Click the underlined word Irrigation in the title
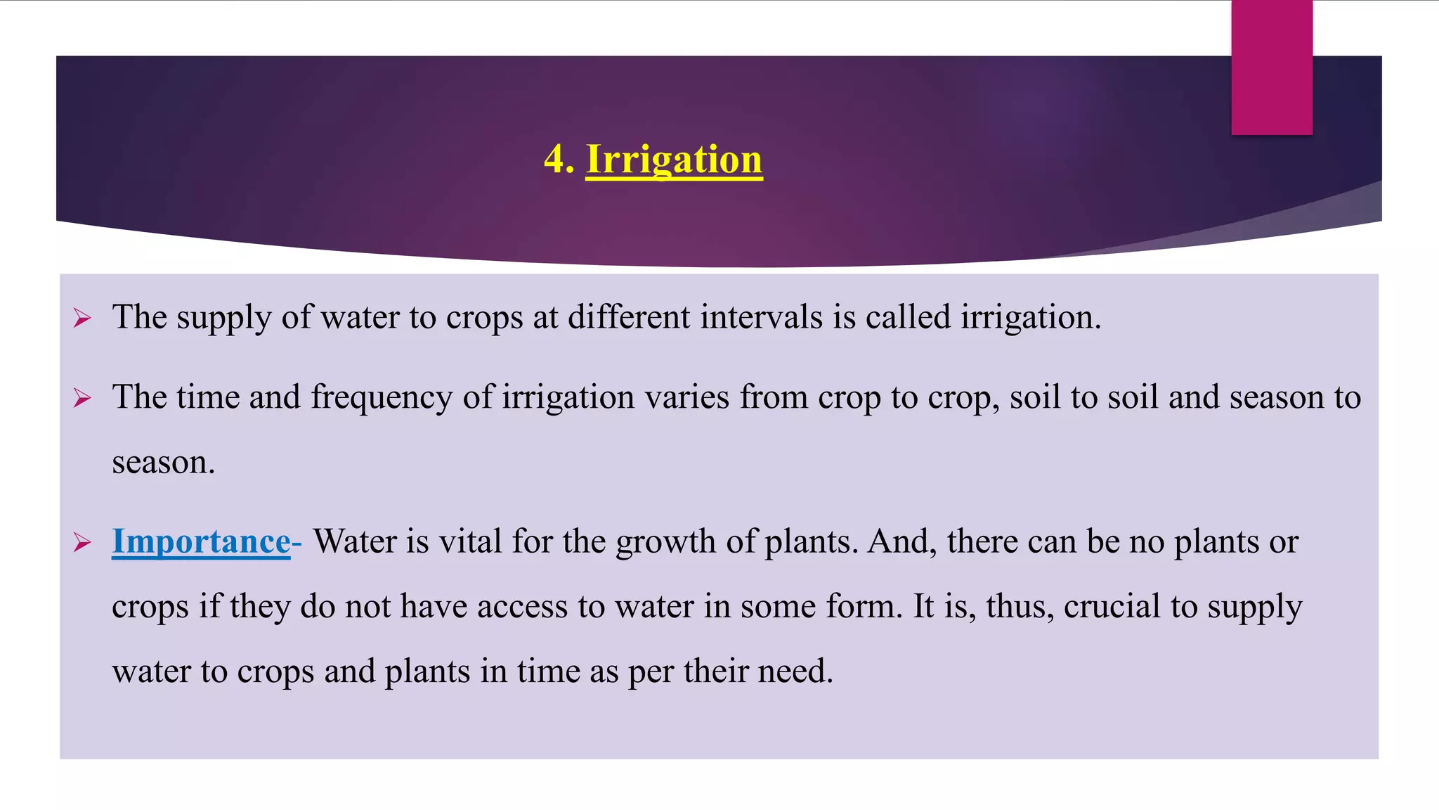[674, 160]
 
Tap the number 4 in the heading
[554, 159]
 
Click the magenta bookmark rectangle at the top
[1271, 67]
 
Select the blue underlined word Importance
[201, 541]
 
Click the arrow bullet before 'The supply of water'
[82, 319]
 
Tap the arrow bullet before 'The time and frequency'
[82, 399]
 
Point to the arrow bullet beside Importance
[82, 543]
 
